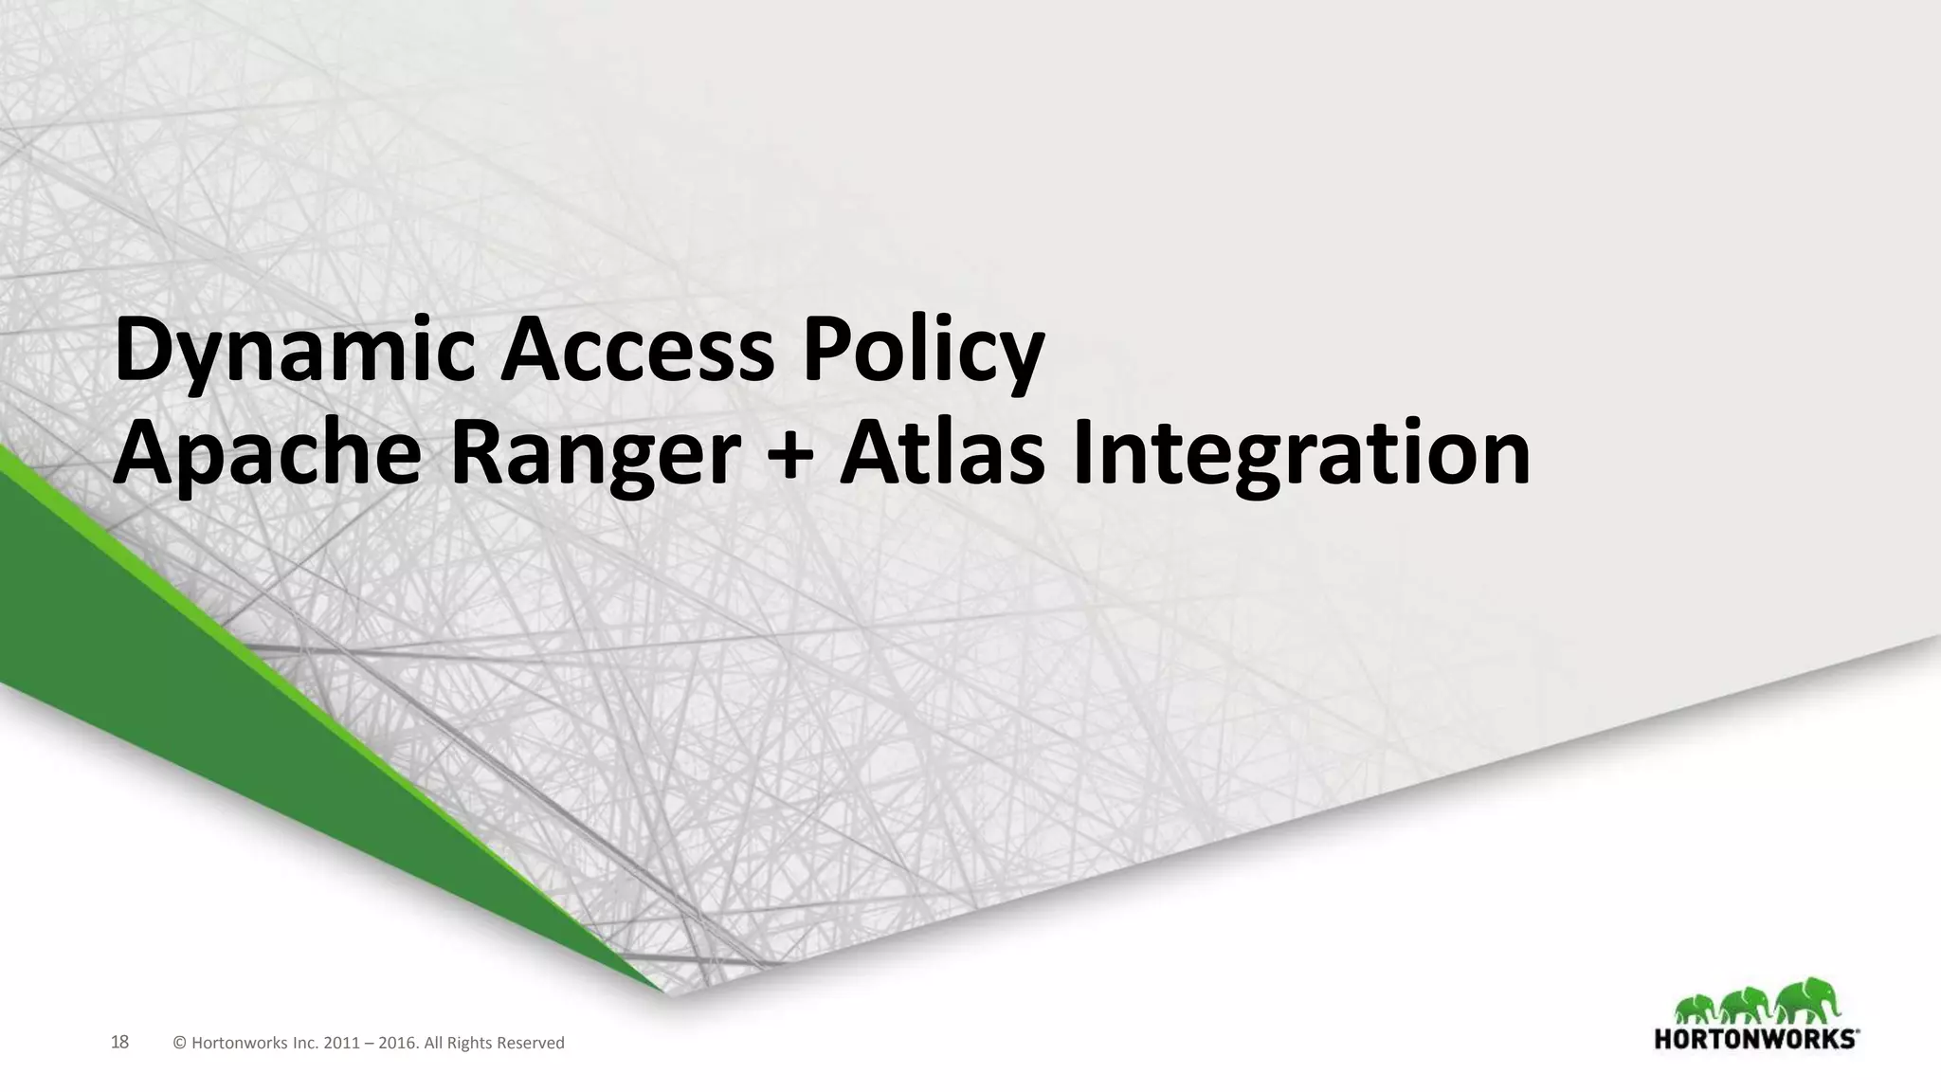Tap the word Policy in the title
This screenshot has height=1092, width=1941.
click(x=923, y=353)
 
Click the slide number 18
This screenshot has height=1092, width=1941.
click(x=119, y=1043)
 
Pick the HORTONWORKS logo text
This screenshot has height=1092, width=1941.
click(x=1755, y=1039)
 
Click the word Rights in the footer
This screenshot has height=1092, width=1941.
click(x=470, y=1044)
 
